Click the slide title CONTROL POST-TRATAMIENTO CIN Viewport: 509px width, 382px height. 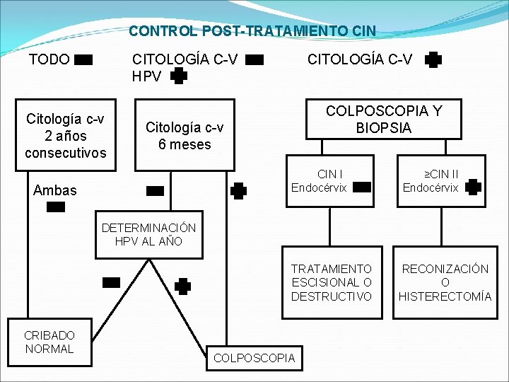coord(252,31)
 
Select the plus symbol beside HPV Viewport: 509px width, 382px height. coord(180,76)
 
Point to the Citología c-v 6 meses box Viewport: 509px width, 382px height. coord(185,135)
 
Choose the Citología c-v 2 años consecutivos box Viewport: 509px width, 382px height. coord(66,135)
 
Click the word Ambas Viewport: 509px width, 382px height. coord(55,190)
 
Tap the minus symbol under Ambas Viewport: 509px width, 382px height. coord(55,207)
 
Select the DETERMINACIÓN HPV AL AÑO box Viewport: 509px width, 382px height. coord(148,235)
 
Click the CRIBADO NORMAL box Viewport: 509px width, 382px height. coord(49,342)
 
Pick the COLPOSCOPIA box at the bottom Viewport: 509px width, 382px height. coord(254,358)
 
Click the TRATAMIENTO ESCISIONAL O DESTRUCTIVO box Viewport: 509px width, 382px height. coord(331,282)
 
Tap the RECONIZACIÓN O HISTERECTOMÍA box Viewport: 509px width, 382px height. coord(445,282)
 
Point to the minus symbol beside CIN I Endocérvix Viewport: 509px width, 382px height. coord(361,187)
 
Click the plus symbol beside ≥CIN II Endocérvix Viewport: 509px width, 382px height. coord(474,187)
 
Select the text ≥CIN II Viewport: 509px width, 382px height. coord(441,174)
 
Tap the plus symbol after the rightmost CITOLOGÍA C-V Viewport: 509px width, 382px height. coord(433,61)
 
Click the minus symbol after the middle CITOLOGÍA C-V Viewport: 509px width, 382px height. coord(255,61)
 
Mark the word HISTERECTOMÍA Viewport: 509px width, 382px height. coord(445,296)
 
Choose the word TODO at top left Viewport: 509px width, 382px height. coord(49,59)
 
